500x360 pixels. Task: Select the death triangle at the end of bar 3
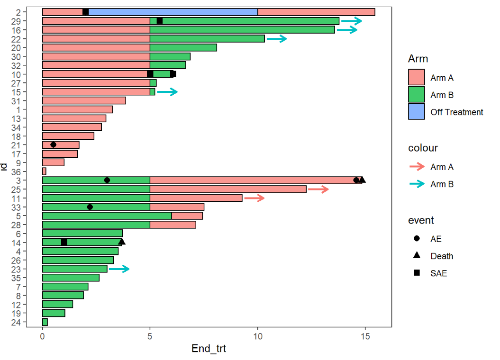363,180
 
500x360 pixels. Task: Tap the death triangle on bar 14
122,242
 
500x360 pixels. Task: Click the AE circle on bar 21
53,144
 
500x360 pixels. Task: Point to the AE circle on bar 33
90,207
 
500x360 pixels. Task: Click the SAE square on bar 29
160,20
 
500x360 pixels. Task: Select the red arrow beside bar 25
318,189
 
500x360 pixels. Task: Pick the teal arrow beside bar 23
119,269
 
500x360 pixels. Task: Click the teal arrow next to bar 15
167,92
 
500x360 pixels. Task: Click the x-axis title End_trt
209,349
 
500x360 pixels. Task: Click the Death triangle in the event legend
417,256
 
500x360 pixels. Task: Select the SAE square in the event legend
417,273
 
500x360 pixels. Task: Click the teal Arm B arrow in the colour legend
417,184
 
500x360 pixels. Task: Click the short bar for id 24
45,322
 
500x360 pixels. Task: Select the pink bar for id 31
84,100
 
